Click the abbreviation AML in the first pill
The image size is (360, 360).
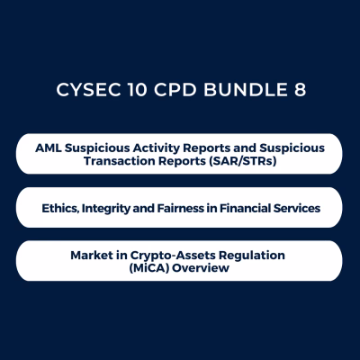pos(47,146)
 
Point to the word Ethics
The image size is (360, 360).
pos(61,208)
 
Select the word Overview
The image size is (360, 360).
pos(202,269)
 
